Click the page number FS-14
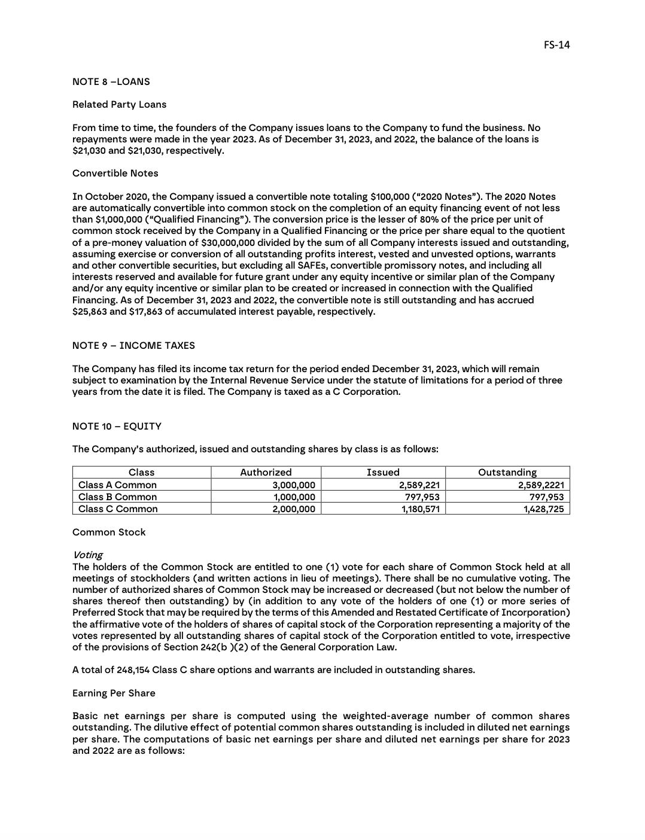(556, 45)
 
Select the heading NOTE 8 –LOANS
(111, 82)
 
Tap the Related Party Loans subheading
(119, 105)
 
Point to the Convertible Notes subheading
(115, 174)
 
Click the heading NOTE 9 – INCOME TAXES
(133, 346)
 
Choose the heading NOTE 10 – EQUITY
(117, 427)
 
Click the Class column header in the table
(141, 473)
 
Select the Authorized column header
(266, 473)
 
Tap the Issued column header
(383, 473)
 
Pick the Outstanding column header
(507, 473)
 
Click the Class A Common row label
(117, 485)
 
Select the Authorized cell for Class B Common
(294, 497)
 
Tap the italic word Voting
(87, 555)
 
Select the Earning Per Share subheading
(114, 693)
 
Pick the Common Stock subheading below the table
(109, 532)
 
